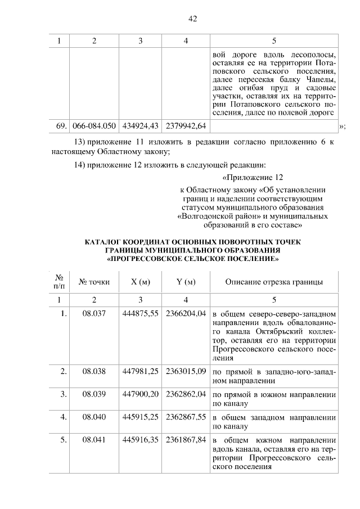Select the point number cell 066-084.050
[94, 125]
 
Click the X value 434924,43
[140, 125]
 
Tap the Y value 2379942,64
[186, 125]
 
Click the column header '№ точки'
[94, 282]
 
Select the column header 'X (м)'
[140, 282]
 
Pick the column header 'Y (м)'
[186, 282]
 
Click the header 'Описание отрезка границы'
[274, 282]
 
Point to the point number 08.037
[94, 313]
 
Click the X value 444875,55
[140, 313]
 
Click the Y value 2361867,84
[186, 440]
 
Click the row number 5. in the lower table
[64, 440]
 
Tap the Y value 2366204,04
[186, 313]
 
